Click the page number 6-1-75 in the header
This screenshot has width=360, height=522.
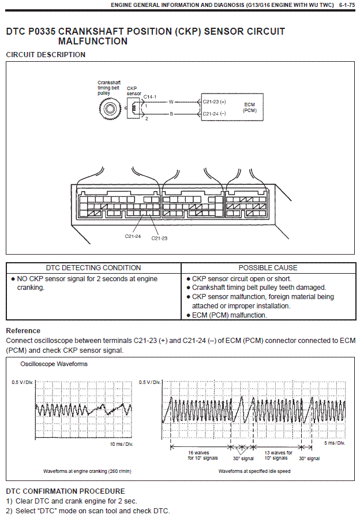click(x=346, y=5)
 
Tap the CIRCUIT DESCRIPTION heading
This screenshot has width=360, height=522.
click(x=46, y=55)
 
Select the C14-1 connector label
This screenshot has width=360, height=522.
click(x=150, y=96)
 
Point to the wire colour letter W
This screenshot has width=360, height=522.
click(x=171, y=102)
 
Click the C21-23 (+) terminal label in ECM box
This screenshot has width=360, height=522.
click(x=215, y=102)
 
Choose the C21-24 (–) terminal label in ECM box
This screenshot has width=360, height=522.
click(x=215, y=114)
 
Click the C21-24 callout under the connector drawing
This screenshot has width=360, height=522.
click(x=133, y=236)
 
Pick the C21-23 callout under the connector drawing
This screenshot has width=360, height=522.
click(x=159, y=238)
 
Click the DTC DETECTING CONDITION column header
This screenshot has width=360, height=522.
click(x=93, y=268)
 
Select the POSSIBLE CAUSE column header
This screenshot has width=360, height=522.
click(x=268, y=268)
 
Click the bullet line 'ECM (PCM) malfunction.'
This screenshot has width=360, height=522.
click(x=229, y=315)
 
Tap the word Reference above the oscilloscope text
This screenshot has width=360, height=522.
click(x=23, y=331)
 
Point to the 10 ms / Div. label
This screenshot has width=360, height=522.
click(x=121, y=444)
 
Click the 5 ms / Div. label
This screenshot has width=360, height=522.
click(x=334, y=443)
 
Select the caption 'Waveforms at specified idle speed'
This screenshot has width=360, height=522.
click(x=254, y=471)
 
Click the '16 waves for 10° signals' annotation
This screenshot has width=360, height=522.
click(x=200, y=455)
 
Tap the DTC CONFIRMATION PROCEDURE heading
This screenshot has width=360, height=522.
click(x=65, y=491)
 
